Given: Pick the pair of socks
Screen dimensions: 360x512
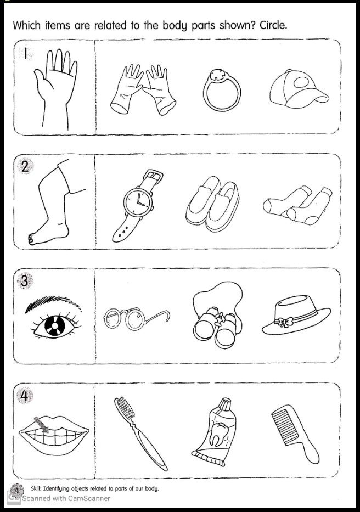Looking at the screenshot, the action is pyautogui.click(x=297, y=205).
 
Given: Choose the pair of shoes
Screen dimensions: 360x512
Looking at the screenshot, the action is pyautogui.click(x=213, y=204).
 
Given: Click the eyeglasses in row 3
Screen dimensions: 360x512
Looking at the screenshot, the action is pyautogui.click(x=137, y=319).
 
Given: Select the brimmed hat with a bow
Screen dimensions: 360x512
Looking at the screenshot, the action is pyautogui.click(x=296, y=315).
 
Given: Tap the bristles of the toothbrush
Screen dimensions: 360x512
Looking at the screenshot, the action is pyautogui.click(x=125, y=408).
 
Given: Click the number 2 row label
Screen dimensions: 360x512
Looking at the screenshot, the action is pyautogui.click(x=25, y=167).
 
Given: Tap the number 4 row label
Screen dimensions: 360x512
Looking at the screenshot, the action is pyautogui.click(x=25, y=396).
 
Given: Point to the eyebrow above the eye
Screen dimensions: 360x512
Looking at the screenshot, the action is pyautogui.click(x=53, y=303).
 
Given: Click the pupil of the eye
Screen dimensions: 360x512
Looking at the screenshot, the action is pyautogui.click(x=53, y=326).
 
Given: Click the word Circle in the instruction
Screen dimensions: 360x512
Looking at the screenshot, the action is pyautogui.click(x=273, y=25).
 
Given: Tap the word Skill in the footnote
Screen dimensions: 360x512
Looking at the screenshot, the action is pyautogui.click(x=36, y=488).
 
